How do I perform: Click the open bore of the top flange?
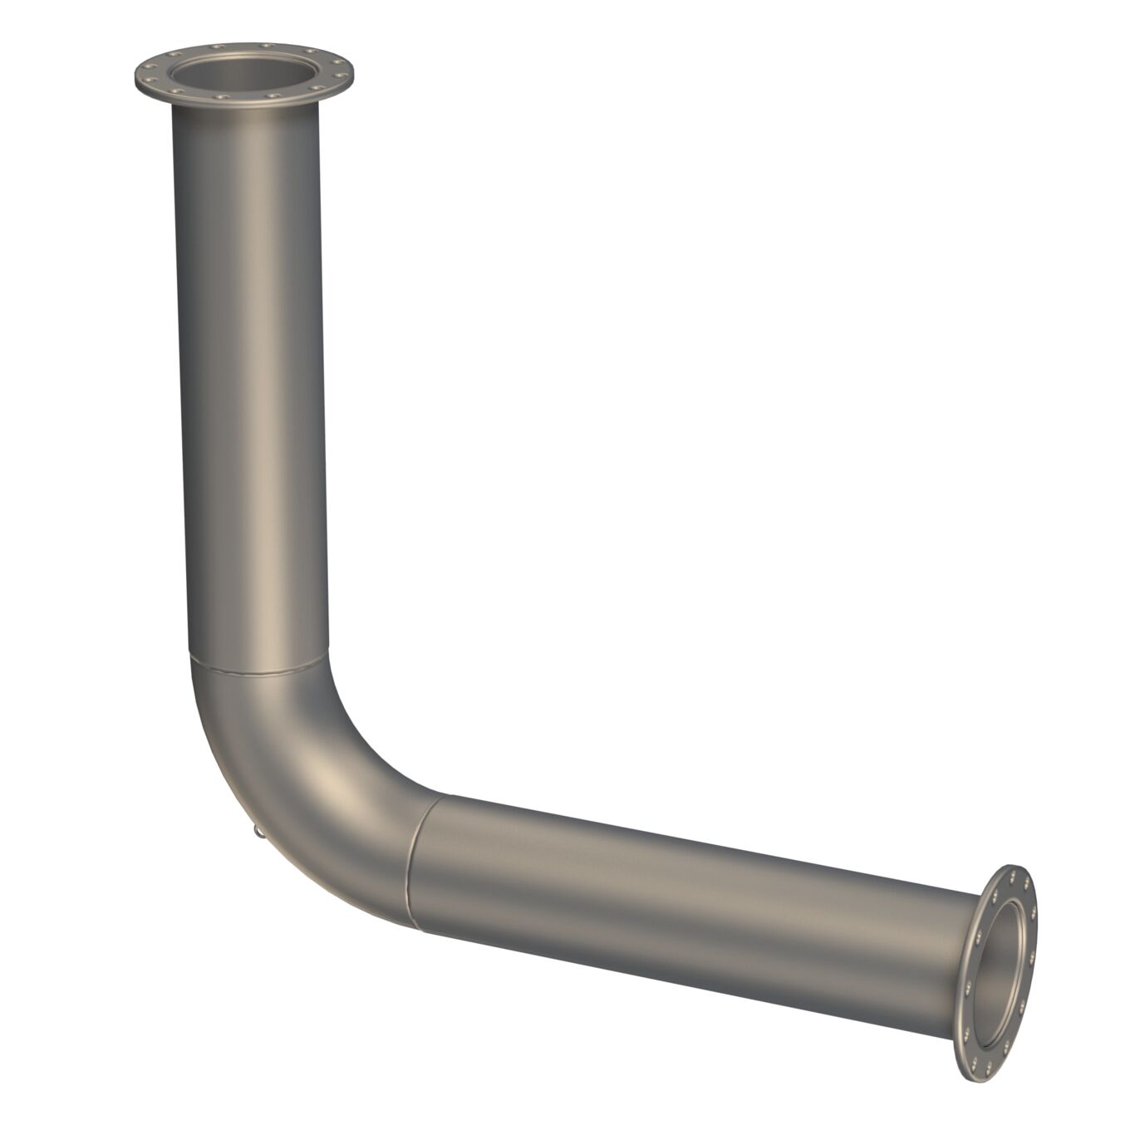click(x=244, y=74)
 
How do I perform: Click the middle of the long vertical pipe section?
click(x=249, y=374)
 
